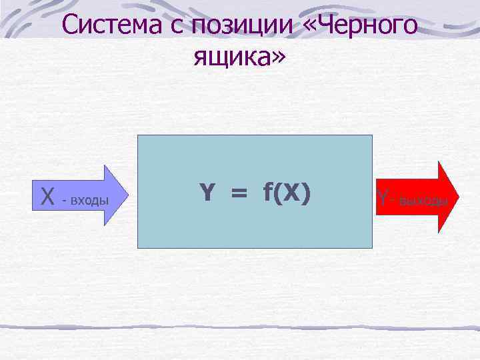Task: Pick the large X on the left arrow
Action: pyautogui.click(x=47, y=197)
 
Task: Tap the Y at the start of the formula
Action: pyautogui.click(x=207, y=193)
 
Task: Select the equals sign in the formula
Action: pyautogui.click(x=237, y=193)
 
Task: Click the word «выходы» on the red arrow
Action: pyautogui.click(x=423, y=200)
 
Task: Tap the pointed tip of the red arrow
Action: pyautogui.click(x=457, y=197)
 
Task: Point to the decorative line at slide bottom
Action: pyautogui.click(x=240, y=328)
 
